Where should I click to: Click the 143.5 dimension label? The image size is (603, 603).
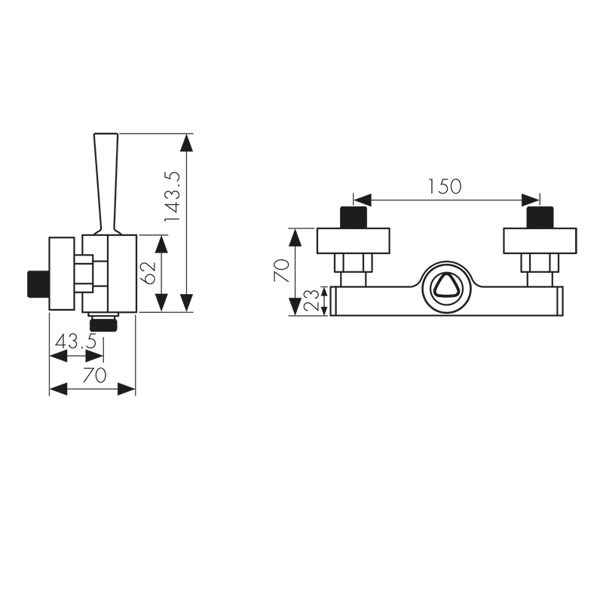coord(173,195)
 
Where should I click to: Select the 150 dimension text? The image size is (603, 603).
coord(445,185)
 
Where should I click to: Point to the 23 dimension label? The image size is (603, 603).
coord(311,300)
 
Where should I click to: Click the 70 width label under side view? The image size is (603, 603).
coord(93,375)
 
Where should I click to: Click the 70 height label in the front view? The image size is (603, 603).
coord(281,271)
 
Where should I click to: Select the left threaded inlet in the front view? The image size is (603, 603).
coord(354,218)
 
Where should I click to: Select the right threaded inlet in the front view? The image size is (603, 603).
coord(540,218)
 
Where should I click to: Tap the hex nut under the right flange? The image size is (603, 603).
coord(540,264)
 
